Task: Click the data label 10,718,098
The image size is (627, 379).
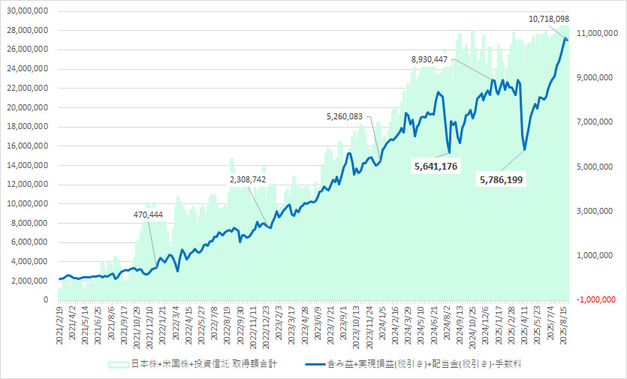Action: click(559, 18)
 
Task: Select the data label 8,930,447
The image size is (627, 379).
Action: click(440, 59)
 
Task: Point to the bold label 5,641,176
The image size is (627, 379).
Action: click(436, 165)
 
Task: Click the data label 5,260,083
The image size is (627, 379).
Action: click(354, 116)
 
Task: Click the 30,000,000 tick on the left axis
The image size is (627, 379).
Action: click(27, 11)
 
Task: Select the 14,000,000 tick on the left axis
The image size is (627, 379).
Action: click(27, 165)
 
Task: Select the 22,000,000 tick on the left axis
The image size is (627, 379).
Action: click(27, 88)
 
